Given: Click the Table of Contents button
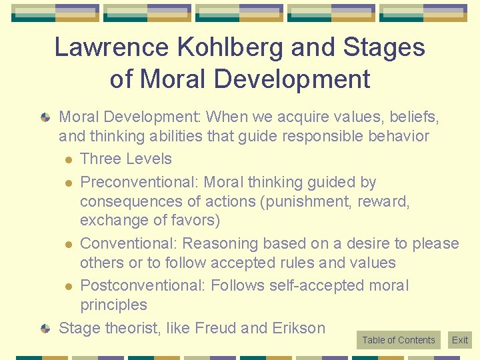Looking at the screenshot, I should [398, 340].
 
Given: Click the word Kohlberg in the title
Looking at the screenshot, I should [208, 47].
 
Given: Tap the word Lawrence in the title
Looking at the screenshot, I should [103, 47].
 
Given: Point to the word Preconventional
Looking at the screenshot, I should [139, 182].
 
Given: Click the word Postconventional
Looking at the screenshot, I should [142, 285].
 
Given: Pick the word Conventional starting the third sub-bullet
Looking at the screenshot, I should [129, 243].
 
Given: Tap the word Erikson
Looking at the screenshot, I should [299, 328].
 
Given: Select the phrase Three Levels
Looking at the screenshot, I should [125, 159].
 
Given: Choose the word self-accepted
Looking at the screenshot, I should [315, 285].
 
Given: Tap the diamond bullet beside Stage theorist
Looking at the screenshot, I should [45, 328].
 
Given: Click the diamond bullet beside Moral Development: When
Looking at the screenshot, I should [45, 117].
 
